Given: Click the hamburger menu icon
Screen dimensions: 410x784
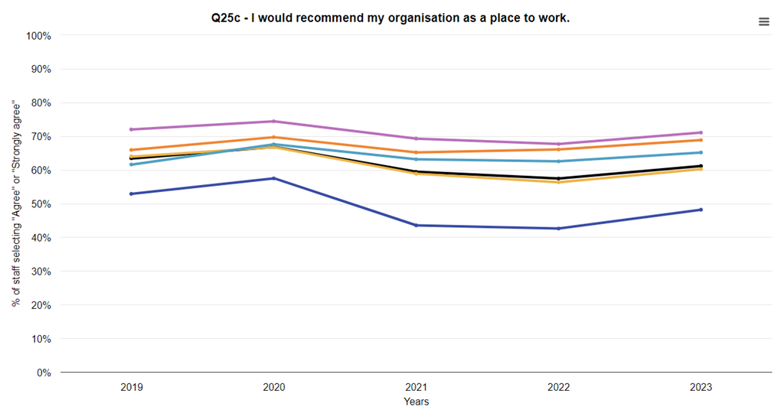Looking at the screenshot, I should point(763,22).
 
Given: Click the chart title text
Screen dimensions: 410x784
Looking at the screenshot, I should point(390,18).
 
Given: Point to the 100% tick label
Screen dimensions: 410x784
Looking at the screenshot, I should point(38,36).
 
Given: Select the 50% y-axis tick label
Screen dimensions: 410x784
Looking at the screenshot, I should point(41,204).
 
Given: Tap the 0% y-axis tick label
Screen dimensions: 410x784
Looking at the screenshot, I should point(44,373).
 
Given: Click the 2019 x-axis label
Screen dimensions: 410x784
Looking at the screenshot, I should point(132,388).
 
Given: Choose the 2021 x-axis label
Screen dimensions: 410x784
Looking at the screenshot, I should point(416,388).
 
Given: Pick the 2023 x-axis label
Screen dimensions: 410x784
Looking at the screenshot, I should point(701,388).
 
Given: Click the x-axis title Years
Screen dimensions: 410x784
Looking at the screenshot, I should point(416,402).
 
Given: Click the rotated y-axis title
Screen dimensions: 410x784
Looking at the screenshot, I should point(16,204).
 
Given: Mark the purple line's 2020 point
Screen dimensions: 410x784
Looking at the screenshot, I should point(274,121).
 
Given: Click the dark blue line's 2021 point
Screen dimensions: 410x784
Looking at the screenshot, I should point(416,225).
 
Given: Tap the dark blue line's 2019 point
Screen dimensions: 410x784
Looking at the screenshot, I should point(132,194).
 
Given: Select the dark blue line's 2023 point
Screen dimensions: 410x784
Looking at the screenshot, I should point(701,210).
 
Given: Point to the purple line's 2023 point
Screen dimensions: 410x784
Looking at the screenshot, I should point(701,132).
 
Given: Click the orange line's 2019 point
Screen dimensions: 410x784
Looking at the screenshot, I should point(132,150).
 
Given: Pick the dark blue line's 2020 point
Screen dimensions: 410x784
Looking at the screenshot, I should point(274,178).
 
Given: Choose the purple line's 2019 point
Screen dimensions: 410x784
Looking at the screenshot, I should point(132,129).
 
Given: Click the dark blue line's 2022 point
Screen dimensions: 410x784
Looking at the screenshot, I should point(558,228).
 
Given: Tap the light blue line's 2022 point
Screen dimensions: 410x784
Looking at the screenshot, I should point(558,161).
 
